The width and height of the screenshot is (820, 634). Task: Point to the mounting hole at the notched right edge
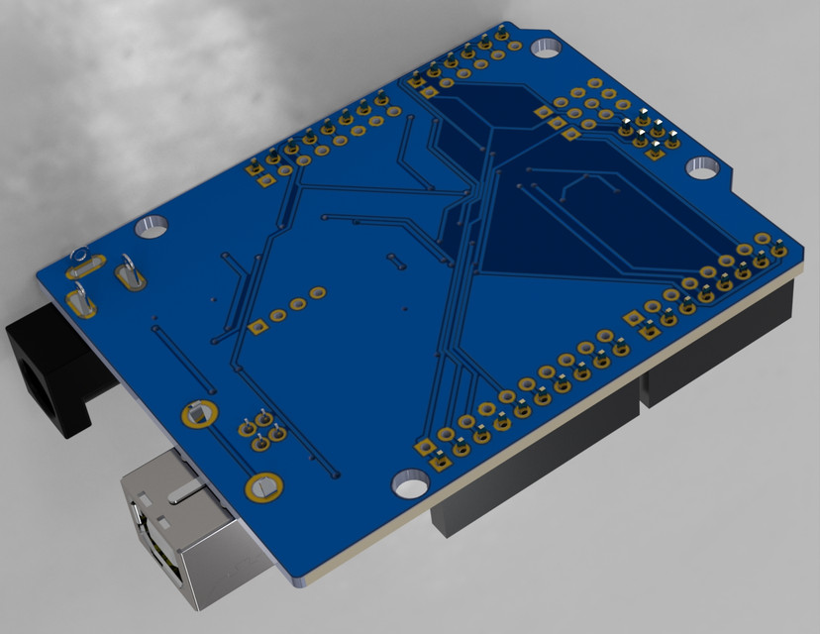(x=702, y=166)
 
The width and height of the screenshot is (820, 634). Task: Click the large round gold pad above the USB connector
(x=264, y=486)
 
